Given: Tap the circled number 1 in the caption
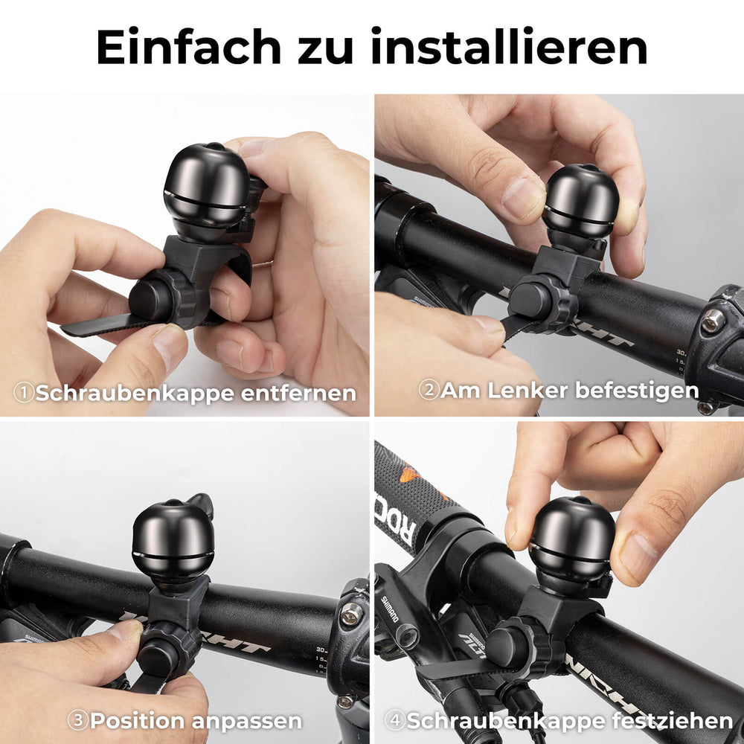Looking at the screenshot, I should point(25,393).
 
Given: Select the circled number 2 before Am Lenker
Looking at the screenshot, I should point(429,390).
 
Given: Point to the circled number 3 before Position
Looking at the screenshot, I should point(78,720).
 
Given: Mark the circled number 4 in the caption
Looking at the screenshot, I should point(394,720).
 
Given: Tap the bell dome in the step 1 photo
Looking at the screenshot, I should point(206,186).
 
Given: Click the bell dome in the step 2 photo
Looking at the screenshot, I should point(581,196).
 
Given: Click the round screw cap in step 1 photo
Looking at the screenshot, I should point(150,298).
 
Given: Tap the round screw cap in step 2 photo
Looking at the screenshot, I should point(529,298).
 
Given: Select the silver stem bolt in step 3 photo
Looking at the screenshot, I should point(351,614).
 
